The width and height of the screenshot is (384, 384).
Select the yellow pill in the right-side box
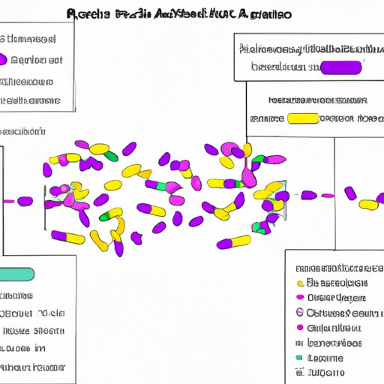[303, 118]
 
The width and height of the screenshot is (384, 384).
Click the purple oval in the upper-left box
[16, 60]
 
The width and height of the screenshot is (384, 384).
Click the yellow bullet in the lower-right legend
[300, 283]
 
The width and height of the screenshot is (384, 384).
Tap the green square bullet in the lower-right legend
[298, 358]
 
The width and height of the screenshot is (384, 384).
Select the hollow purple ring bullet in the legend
[300, 313]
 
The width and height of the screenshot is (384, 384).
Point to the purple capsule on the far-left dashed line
[25, 201]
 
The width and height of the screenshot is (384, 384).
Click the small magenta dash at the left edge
[8, 201]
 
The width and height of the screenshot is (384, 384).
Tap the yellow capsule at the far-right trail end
[368, 203]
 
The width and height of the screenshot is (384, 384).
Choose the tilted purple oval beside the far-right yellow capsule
[350, 193]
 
